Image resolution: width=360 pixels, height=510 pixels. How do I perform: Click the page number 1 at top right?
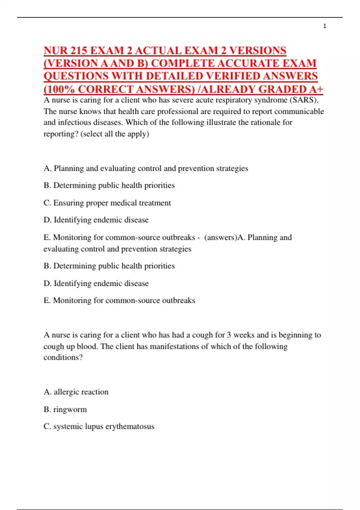pyautogui.click(x=325, y=26)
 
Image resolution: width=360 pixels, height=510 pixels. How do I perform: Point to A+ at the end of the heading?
pyautogui.click(x=317, y=89)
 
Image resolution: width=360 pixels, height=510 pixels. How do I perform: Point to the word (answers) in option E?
pyautogui.click(x=220, y=237)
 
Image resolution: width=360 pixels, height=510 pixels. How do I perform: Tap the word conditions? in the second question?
pyautogui.click(x=63, y=357)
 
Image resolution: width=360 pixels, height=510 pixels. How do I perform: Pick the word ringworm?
pyautogui.click(x=70, y=409)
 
